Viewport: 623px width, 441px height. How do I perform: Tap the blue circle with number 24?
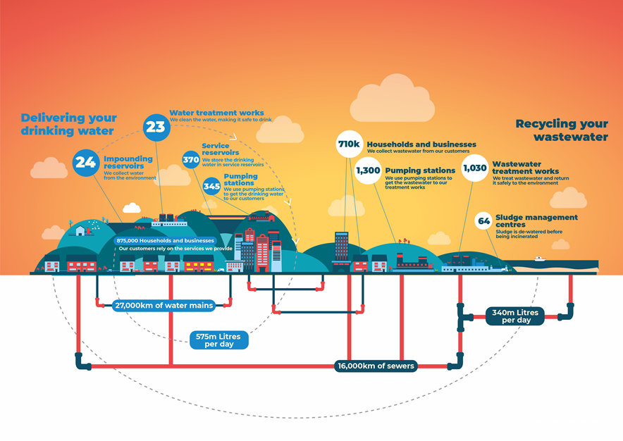(86, 163)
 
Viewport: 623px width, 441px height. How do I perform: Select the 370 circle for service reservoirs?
(191, 160)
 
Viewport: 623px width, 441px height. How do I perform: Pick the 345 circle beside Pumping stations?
(211, 186)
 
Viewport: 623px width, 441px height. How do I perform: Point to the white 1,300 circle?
(368, 170)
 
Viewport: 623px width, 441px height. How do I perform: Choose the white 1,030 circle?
(475, 168)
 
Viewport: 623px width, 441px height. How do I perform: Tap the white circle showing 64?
(484, 220)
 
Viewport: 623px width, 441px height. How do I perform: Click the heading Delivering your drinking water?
(68, 125)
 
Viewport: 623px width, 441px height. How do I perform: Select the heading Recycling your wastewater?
(561, 130)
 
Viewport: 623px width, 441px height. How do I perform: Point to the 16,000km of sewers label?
(376, 366)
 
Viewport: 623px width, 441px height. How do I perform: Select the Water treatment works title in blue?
(216, 113)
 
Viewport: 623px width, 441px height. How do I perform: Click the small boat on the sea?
(539, 259)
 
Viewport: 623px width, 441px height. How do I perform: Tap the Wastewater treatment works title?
(526, 168)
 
